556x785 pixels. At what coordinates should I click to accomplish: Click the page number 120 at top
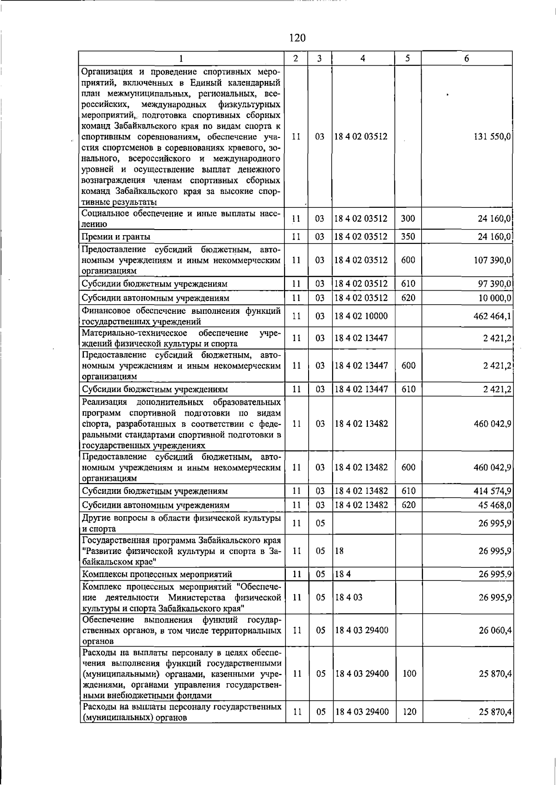297,38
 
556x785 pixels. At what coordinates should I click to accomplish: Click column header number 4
363,58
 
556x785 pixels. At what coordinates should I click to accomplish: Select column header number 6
467,58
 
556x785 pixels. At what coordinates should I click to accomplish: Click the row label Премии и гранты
116,237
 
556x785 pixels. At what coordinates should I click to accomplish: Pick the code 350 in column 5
408,237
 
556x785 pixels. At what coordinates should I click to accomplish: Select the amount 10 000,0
495,298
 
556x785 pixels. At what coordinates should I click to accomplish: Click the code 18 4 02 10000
361,316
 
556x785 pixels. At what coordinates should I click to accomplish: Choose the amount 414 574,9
493,491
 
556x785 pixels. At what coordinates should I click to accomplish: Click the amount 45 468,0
495,505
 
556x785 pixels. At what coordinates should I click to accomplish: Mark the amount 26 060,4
495,630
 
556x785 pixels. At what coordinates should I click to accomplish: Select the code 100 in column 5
409,674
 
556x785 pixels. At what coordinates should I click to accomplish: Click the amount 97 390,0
495,284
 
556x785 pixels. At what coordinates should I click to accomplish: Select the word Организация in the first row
105,72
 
